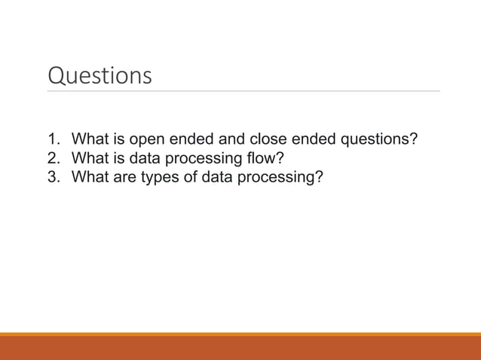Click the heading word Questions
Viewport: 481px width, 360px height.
100,76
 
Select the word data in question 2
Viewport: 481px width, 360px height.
143,159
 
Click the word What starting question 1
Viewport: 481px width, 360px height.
89,140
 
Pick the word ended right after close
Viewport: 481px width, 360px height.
303,140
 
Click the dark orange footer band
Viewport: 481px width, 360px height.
240,348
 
